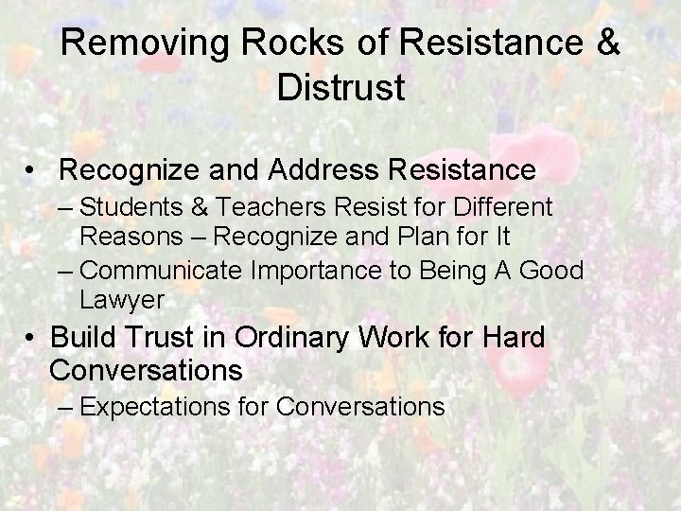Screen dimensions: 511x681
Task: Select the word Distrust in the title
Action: click(340, 87)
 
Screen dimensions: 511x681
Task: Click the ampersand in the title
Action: click(609, 44)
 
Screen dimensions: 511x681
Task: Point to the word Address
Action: click(305, 171)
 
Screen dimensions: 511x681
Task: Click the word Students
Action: click(129, 205)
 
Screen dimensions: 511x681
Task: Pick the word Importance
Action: click(321, 272)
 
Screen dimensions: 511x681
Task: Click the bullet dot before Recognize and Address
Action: click(33, 172)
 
